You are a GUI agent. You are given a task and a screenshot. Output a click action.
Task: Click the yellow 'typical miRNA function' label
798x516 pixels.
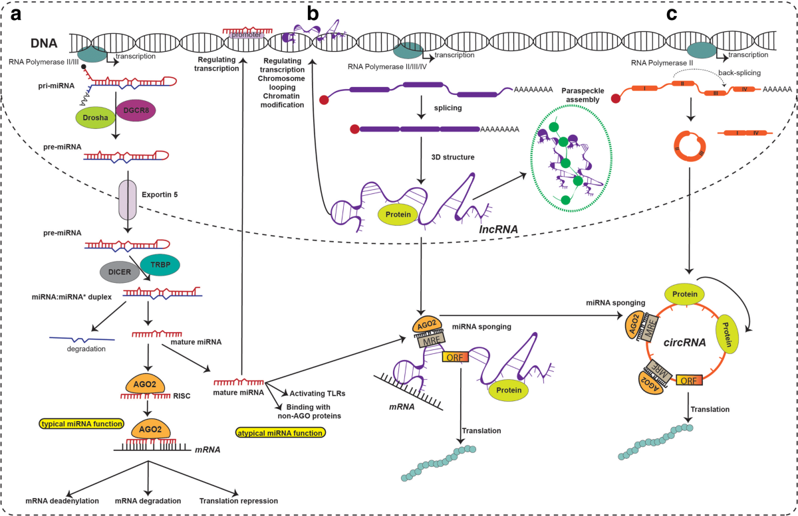click(x=82, y=423)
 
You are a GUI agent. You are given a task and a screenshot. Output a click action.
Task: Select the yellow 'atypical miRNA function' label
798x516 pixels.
click(x=281, y=433)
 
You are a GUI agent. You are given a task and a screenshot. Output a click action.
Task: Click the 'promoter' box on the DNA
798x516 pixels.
click(x=247, y=35)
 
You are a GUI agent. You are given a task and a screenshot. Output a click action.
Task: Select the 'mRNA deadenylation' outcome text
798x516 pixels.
click(x=62, y=501)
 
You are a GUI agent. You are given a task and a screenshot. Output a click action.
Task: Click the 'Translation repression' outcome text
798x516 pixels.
click(x=238, y=501)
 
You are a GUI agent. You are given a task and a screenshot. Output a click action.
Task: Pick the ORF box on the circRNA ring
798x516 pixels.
click(x=688, y=381)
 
